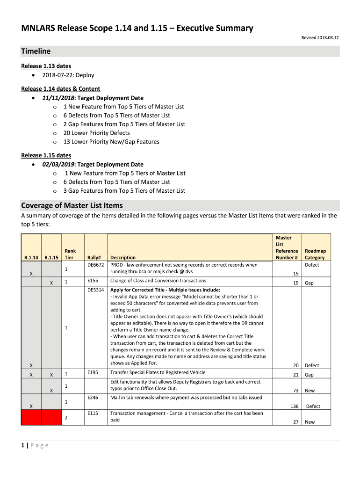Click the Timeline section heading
tap(36, 51)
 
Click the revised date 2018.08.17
tap(321, 37)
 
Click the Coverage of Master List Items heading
tap(72, 205)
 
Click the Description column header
tap(123, 257)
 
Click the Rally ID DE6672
tap(96, 265)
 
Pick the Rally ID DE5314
tap(96, 290)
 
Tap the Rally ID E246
tap(93, 398)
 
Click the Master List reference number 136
tap(294, 406)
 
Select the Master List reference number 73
tap(295, 390)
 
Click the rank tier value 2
tap(66, 417)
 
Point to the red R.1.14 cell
tap(31, 417)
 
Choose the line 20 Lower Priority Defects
tap(97, 133)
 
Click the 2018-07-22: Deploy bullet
tap(68, 75)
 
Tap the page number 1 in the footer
tap(23, 445)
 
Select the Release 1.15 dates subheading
tap(46, 155)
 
